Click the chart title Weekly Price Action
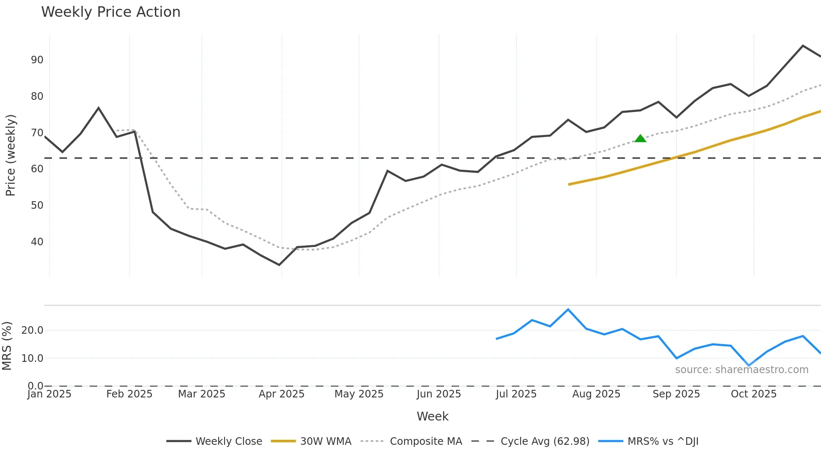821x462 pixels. click(x=111, y=12)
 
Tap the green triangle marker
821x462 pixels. click(x=640, y=138)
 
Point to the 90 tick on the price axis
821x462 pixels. click(x=37, y=60)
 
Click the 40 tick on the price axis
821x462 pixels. click(x=37, y=242)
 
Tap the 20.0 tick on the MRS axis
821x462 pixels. click(x=32, y=330)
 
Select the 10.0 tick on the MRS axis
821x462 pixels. click(x=32, y=358)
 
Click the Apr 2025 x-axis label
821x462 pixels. click(x=281, y=394)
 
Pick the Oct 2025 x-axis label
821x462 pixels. click(x=754, y=394)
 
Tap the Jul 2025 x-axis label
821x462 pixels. click(x=516, y=394)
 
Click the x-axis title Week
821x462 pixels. click(x=432, y=416)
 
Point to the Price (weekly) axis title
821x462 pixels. click(x=10, y=155)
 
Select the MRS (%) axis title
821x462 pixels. click(x=7, y=346)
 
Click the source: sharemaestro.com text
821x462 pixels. click(x=741, y=370)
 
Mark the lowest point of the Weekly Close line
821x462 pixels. click(x=279, y=265)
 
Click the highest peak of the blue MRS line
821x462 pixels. click(x=568, y=309)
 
